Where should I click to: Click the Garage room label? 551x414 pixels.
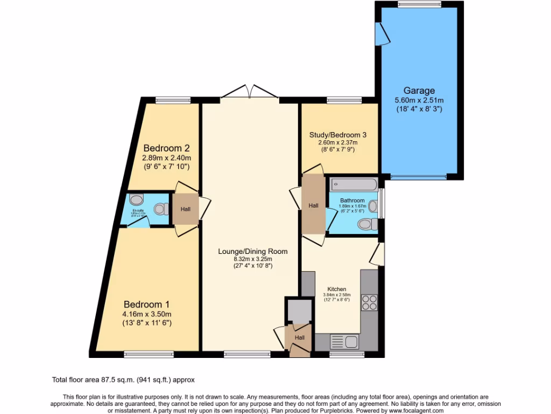419,91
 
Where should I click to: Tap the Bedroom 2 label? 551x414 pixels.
166,148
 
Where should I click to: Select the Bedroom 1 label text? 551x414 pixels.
147,303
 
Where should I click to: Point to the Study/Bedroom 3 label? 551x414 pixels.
338,134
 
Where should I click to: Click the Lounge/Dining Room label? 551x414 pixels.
252,251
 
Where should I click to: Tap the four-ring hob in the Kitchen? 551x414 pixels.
370,302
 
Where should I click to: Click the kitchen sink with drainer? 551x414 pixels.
344,341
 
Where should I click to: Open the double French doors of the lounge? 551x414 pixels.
249,92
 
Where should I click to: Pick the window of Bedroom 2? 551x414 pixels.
173,100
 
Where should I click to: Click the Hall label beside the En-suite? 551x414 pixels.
185,208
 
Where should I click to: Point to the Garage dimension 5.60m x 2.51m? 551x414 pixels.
419,101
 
